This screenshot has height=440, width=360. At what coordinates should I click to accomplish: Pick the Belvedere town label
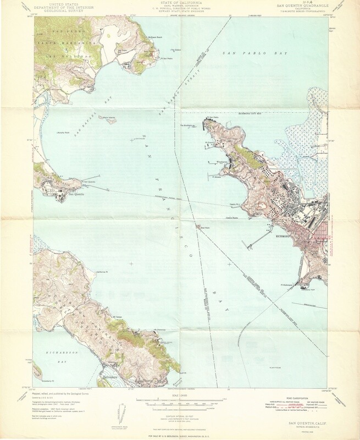coord(110,378)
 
